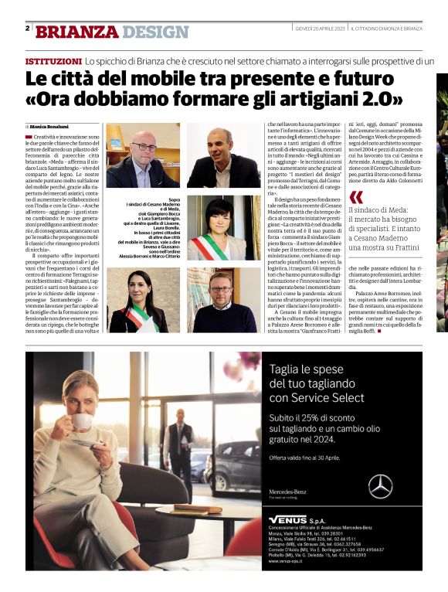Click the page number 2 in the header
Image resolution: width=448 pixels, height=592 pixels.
27,29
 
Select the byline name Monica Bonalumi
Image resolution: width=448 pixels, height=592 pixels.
49,126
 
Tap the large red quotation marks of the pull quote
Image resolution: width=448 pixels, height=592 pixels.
355,197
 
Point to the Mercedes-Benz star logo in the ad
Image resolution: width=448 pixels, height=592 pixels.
379,486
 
